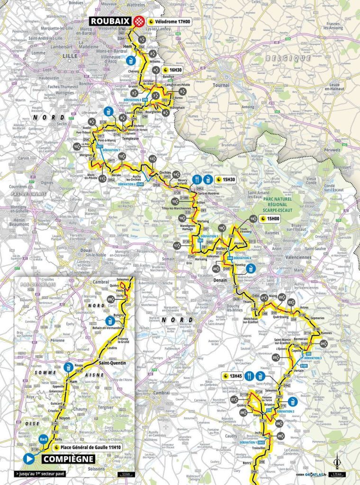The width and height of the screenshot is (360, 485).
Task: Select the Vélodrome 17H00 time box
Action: pos(169,21)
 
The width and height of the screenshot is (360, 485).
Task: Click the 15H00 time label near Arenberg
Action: pos(270,219)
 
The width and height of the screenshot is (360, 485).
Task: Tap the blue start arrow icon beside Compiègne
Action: pos(29,458)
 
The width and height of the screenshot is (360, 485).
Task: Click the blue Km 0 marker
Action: pos(43,438)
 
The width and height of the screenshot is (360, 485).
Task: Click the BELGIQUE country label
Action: pos(281,57)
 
